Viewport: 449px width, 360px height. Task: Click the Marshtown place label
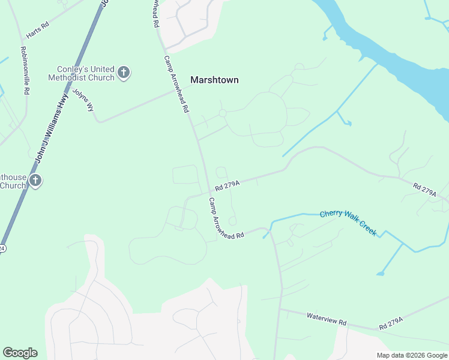214,80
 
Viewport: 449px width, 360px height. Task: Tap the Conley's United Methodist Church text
85,73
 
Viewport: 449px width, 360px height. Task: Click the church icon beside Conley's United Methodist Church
124,73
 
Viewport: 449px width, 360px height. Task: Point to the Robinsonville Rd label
25,71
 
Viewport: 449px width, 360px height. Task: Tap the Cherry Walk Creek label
348,221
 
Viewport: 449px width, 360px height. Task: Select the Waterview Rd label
326,319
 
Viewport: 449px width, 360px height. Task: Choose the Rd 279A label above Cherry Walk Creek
424,189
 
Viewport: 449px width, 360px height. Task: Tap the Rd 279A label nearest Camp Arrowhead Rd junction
228,185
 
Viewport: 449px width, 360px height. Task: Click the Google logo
20,353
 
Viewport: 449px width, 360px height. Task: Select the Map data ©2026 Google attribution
411,355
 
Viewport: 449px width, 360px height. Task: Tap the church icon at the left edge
35,180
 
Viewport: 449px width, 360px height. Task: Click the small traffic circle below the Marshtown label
222,113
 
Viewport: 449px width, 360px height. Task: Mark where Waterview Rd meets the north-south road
280,310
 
